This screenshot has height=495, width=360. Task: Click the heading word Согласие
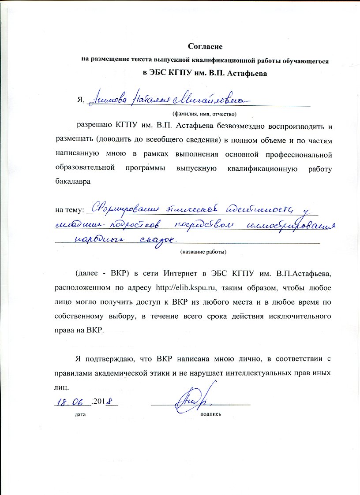tap(205, 46)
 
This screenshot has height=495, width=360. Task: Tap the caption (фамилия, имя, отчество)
tap(204, 113)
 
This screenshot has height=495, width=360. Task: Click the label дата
tap(80, 415)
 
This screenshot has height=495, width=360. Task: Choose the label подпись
tap(210, 415)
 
